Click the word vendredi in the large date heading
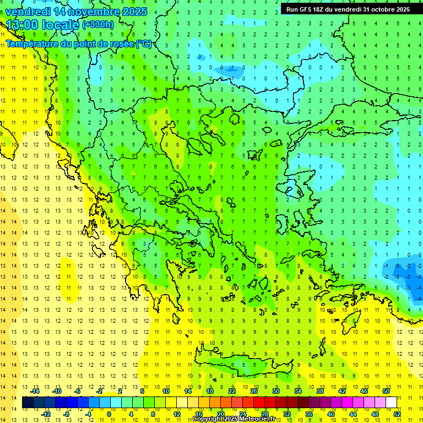coord(27,12)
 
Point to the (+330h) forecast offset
coord(98,24)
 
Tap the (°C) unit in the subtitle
coord(144,44)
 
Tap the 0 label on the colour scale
coord(109,414)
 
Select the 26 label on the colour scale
coord(254,391)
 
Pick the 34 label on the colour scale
coord(298,391)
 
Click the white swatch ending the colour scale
coord(392,403)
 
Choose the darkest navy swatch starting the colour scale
coord(28,403)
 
